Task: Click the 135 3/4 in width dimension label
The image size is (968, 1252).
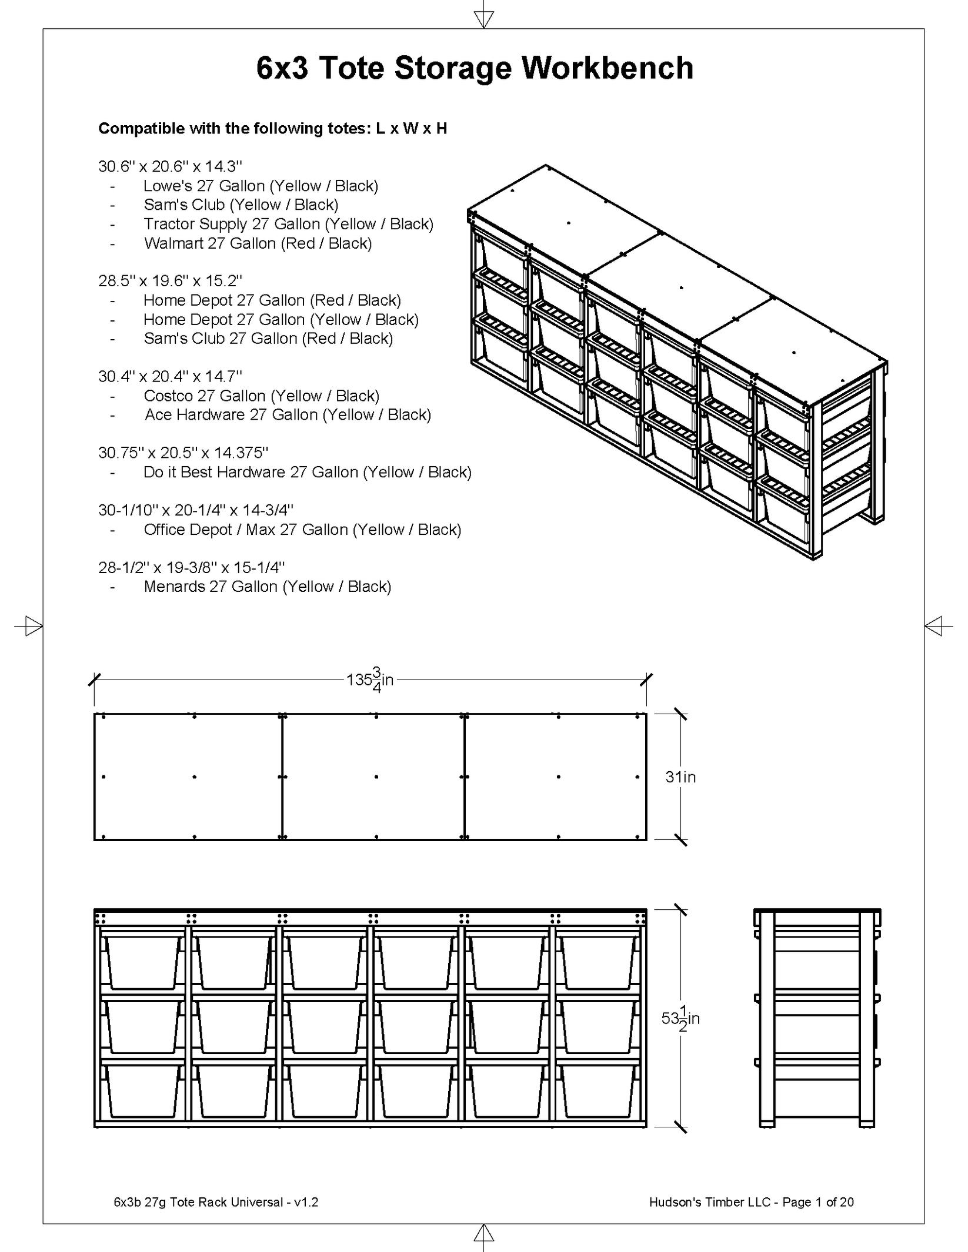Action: tap(370, 680)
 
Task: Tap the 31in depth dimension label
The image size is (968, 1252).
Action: tap(680, 777)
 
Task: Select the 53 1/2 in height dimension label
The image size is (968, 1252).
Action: tap(680, 1019)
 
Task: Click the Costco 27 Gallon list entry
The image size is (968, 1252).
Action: tap(261, 396)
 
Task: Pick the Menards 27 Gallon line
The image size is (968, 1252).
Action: tap(267, 587)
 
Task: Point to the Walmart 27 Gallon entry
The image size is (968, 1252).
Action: tap(258, 243)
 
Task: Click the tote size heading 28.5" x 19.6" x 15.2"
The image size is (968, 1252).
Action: tap(170, 281)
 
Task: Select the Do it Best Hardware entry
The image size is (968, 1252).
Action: tap(307, 472)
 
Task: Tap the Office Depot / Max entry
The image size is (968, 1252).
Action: tap(302, 530)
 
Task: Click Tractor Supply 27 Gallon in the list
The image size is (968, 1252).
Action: tap(288, 224)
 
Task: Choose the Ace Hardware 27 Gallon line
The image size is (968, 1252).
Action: tap(288, 415)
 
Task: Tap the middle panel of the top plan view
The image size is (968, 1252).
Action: tap(373, 777)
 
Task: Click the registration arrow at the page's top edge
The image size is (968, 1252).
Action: tap(483, 19)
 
